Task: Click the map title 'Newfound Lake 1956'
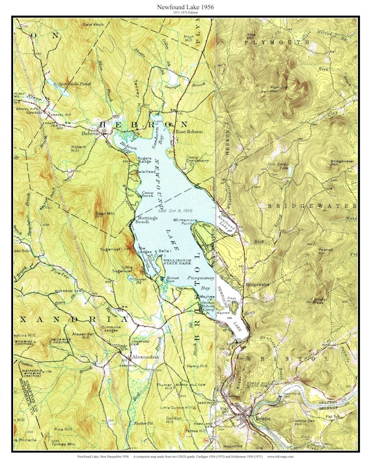tap(185, 6)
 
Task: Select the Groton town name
tap(34, 112)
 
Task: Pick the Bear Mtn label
tap(104, 212)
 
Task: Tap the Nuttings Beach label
tap(146, 219)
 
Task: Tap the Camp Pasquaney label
tap(197, 159)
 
